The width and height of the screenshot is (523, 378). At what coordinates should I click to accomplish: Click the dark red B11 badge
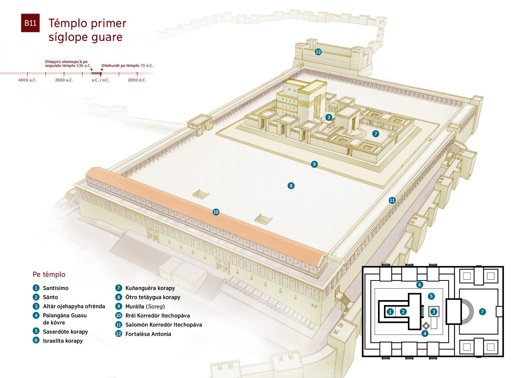30,23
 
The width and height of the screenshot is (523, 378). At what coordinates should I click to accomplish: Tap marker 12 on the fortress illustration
318,52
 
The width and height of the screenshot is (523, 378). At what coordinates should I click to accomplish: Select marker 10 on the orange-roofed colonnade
216,212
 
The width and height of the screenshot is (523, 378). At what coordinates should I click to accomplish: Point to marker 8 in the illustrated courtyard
291,186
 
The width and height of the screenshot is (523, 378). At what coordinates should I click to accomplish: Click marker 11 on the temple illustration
392,200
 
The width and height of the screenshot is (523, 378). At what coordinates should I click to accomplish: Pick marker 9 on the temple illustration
314,164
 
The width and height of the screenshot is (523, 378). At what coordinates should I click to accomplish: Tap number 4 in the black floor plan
425,333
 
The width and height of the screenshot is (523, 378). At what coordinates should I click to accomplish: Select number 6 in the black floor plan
419,284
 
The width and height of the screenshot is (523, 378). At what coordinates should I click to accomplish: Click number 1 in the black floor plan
390,312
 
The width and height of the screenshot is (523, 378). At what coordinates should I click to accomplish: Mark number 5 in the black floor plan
431,296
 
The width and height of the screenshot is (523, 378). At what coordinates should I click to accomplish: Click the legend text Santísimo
55,288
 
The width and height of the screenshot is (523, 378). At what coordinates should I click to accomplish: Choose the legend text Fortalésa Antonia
148,334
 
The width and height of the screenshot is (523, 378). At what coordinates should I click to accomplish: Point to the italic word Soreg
156,306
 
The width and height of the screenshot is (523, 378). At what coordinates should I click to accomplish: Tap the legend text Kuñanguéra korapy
150,288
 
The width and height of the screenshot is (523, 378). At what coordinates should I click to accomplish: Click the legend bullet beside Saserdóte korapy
36,331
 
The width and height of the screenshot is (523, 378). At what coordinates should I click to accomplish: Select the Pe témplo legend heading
49,274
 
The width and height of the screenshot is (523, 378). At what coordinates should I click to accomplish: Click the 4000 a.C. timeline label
27,80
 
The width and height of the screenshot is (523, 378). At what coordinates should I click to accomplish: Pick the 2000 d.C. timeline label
137,80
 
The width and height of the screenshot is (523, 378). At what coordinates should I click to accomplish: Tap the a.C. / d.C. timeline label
101,80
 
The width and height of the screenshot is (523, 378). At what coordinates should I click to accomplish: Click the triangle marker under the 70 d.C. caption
102,70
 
